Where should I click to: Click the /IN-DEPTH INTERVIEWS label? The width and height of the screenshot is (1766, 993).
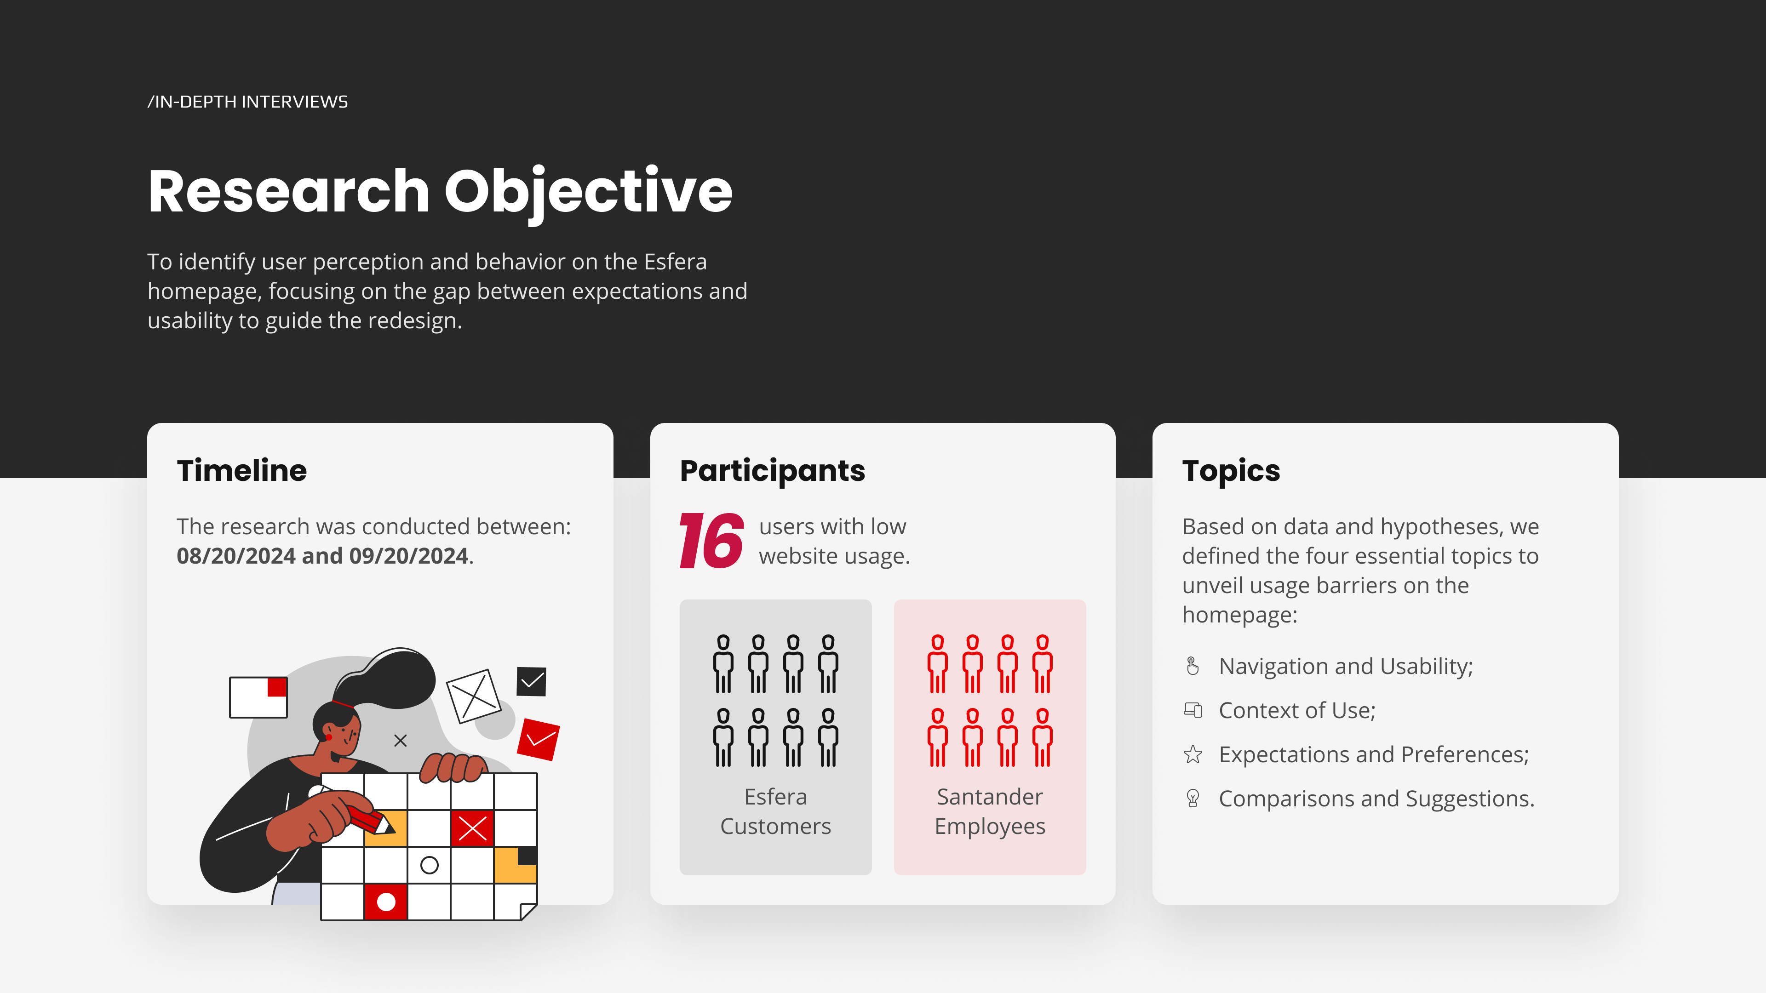pyautogui.click(x=247, y=102)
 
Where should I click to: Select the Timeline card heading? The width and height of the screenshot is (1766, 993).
pyautogui.click(x=242, y=471)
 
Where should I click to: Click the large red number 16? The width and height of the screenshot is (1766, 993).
pyautogui.click(x=711, y=541)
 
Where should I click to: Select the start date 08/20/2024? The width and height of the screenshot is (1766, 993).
pyautogui.click(x=236, y=556)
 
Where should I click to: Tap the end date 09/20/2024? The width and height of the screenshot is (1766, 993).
pyautogui.click(x=408, y=556)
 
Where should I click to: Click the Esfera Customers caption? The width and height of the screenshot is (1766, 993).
pyautogui.click(x=775, y=811)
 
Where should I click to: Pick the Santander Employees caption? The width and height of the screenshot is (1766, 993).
pyautogui.click(x=990, y=811)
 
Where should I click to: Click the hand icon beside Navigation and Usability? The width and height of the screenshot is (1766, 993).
pyautogui.click(x=1193, y=666)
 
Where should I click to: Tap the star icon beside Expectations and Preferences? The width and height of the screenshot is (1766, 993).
pyautogui.click(x=1193, y=754)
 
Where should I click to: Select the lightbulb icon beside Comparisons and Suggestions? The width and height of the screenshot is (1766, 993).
pyautogui.click(x=1193, y=799)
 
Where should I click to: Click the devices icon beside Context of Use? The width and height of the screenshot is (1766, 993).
pyautogui.click(x=1193, y=710)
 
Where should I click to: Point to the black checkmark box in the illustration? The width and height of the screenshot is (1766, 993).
pyautogui.click(x=531, y=681)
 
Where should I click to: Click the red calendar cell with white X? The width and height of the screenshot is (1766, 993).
pyautogui.click(x=472, y=828)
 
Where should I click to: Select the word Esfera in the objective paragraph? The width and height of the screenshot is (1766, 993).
pyautogui.click(x=675, y=262)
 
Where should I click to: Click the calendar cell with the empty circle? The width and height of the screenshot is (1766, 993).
pyautogui.click(x=429, y=865)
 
